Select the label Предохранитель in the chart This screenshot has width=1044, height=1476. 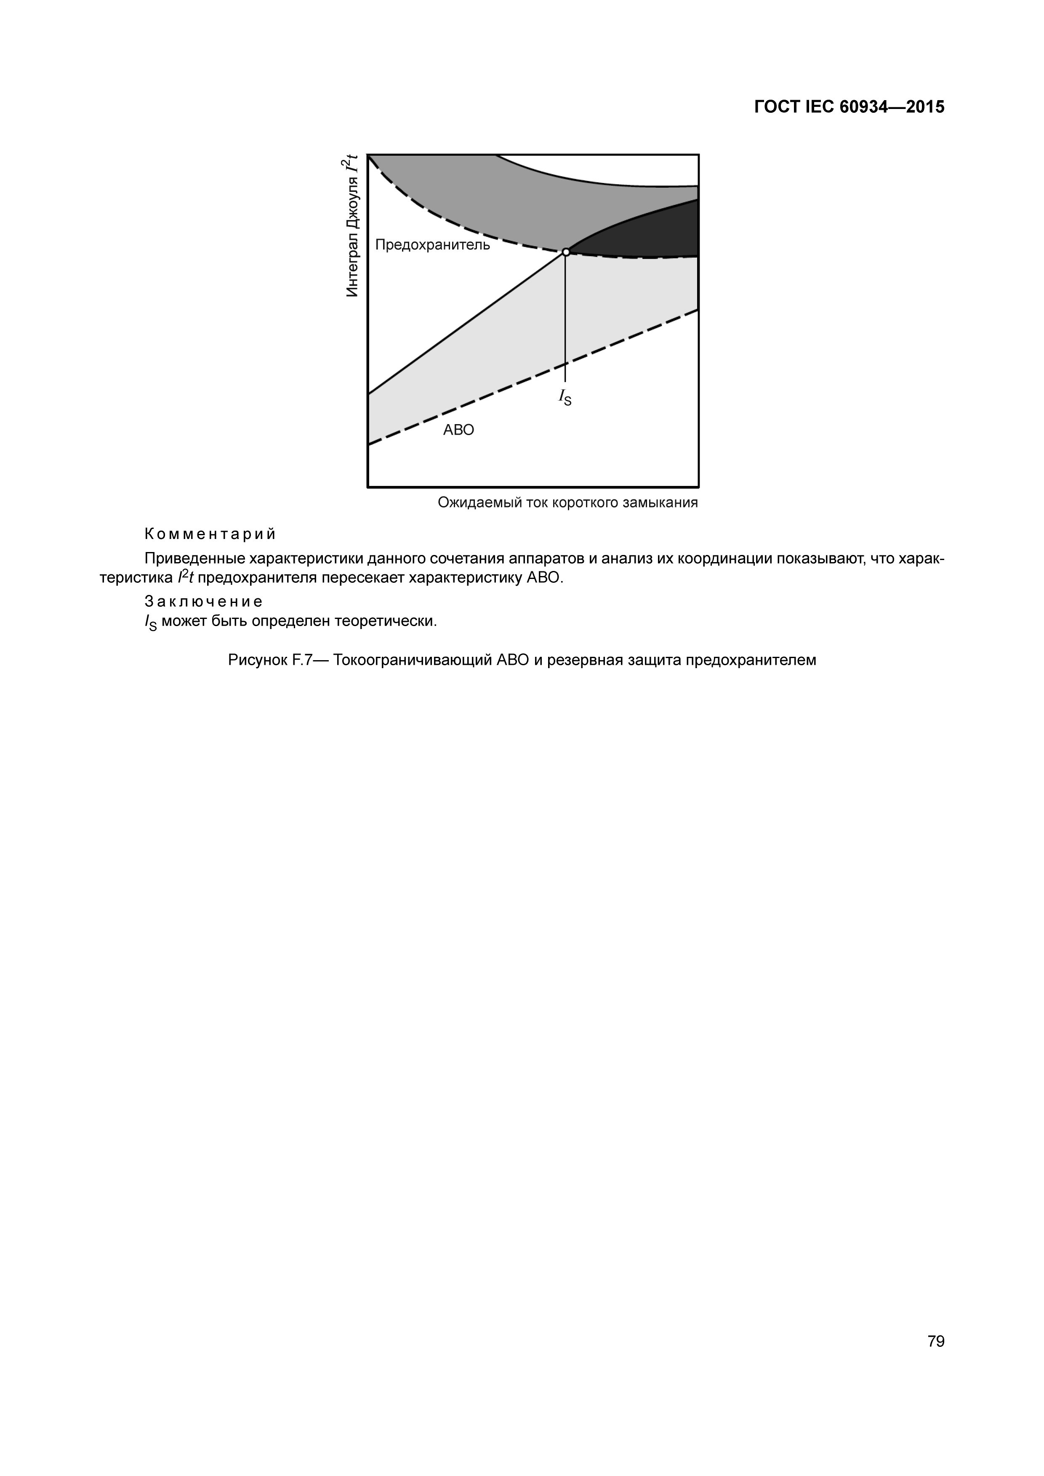432,245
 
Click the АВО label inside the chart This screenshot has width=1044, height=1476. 458,430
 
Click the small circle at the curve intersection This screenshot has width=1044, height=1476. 565,252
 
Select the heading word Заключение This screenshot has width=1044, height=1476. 203,602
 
